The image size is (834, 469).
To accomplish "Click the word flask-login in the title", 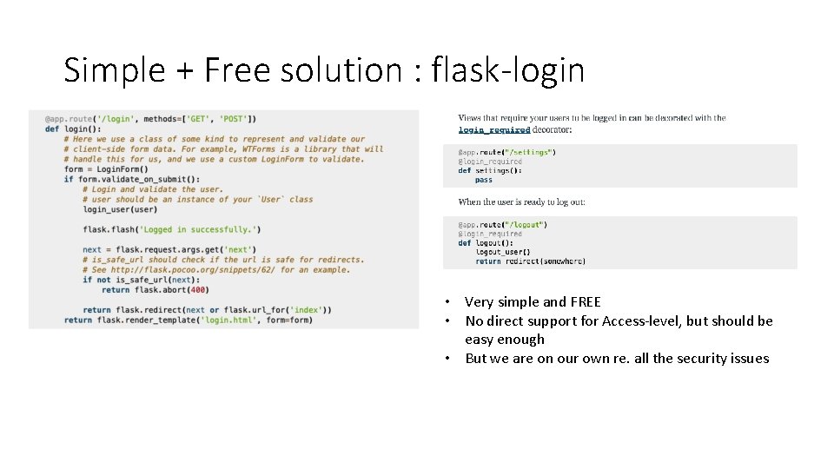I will coord(508,69).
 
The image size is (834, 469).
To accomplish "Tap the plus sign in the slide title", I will coord(185,70).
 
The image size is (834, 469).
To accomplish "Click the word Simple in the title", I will coord(114,70).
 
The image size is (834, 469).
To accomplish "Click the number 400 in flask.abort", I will coord(198,290).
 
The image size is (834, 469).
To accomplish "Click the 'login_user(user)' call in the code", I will coord(120,209).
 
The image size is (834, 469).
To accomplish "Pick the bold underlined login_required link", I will coord(494,130).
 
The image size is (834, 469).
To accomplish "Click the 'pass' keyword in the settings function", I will coord(483,180).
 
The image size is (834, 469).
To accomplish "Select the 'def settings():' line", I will coord(490,170).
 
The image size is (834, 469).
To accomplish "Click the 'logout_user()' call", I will coord(503,252).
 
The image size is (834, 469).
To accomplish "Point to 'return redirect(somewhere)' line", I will coord(530,261).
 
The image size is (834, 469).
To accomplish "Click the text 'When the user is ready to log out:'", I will coord(521,201).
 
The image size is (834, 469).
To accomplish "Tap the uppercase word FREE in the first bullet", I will coord(585,302).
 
